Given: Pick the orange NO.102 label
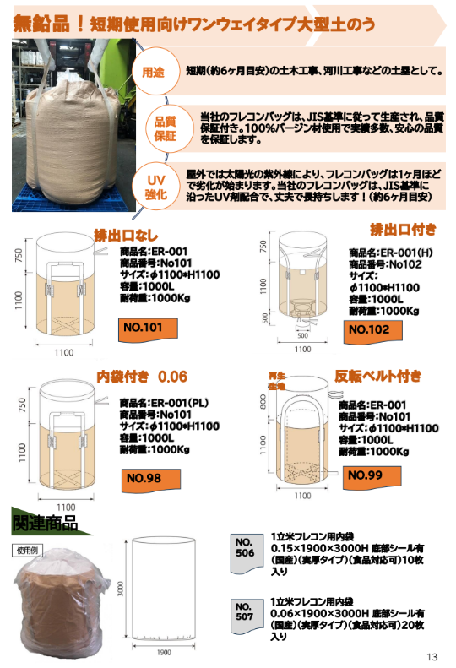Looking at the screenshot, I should (369, 329).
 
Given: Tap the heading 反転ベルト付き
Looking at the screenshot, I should (378, 376).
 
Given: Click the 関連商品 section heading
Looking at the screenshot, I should (44, 524).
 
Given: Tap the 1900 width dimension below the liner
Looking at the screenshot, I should (165, 653).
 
